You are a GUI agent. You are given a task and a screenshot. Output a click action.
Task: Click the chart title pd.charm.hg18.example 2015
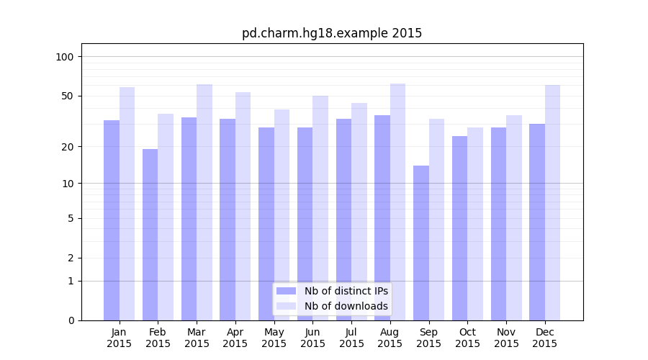click(332, 33)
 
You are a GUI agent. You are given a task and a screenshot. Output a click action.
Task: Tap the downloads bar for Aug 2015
click(397, 202)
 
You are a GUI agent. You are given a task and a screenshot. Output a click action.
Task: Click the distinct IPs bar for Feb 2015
click(150, 234)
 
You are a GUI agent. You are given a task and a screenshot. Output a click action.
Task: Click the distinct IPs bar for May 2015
click(266, 223)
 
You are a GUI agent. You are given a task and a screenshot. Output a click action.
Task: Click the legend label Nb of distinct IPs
click(346, 291)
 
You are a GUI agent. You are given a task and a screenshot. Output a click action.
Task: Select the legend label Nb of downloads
click(346, 306)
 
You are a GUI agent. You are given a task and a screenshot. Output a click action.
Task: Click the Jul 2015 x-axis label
click(351, 338)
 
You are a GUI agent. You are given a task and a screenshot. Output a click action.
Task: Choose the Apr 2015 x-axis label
click(235, 338)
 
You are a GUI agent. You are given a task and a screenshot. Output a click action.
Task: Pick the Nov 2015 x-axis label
click(506, 338)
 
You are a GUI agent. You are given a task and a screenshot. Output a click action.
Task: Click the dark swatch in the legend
click(287, 291)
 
